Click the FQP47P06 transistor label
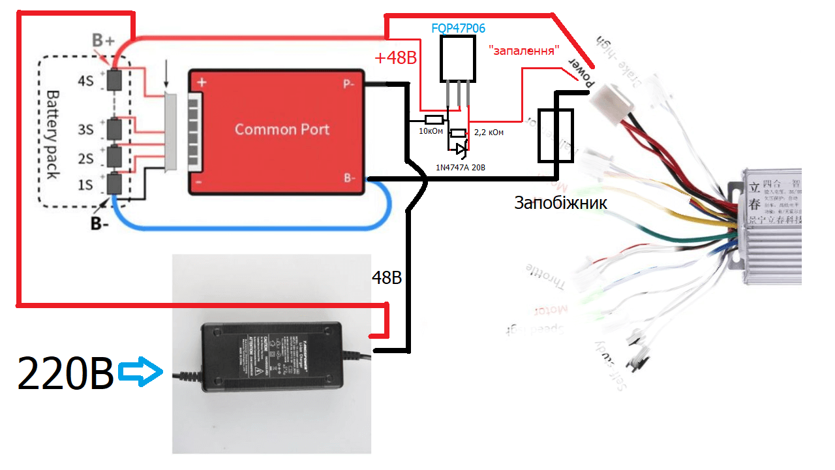(x=459, y=29)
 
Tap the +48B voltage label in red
(x=395, y=58)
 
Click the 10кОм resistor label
(x=431, y=132)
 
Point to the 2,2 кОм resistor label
(x=489, y=133)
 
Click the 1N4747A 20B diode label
(x=461, y=168)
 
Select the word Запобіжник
(x=561, y=203)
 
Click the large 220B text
(x=66, y=374)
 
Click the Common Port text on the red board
(x=282, y=129)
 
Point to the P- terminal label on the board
(x=350, y=84)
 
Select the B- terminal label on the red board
(x=350, y=177)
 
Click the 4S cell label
(x=85, y=81)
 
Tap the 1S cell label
(x=85, y=185)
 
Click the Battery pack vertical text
(x=52, y=134)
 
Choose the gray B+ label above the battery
(x=103, y=40)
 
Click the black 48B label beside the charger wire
(x=386, y=277)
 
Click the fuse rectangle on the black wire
(x=555, y=135)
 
